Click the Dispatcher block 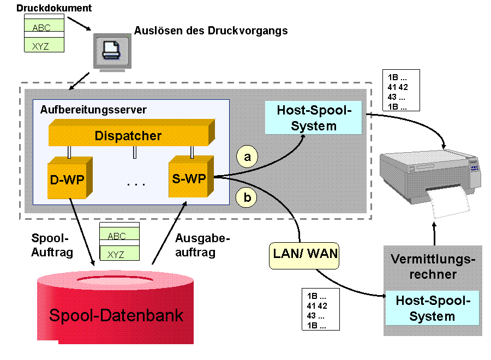pos(128,136)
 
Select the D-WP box pos(68,179)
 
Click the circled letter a pos(247,157)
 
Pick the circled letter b pos(247,197)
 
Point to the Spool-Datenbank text pos(116,315)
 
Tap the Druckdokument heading pos(54,8)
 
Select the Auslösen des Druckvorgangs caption pos(210,31)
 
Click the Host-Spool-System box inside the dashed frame pos(314,118)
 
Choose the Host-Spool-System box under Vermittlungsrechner pos(433,308)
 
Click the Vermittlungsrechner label pos(433,267)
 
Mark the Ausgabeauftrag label pos(203,245)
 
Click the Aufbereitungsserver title pos(93,109)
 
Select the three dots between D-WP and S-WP pos(135,184)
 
